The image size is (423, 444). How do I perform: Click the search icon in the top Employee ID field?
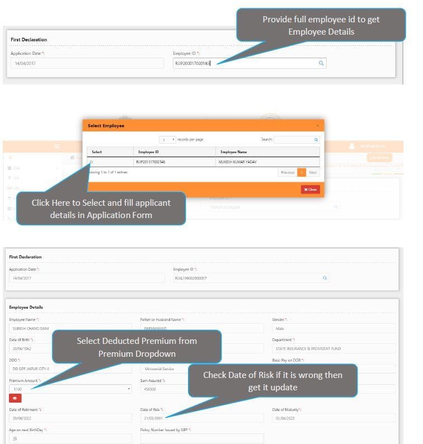(x=321, y=64)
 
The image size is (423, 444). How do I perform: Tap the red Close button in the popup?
(x=310, y=190)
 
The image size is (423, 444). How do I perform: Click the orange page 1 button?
(x=302, y=172)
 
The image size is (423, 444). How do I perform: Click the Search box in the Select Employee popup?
(x=294, y=139)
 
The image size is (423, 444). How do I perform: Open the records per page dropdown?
(x=167, y=139)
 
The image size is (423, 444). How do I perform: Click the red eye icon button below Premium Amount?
(x=16, y=399)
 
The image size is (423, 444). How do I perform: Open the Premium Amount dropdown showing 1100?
(x=70, y=389)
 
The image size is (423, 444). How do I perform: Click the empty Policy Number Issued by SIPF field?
(x=201, y=438)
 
